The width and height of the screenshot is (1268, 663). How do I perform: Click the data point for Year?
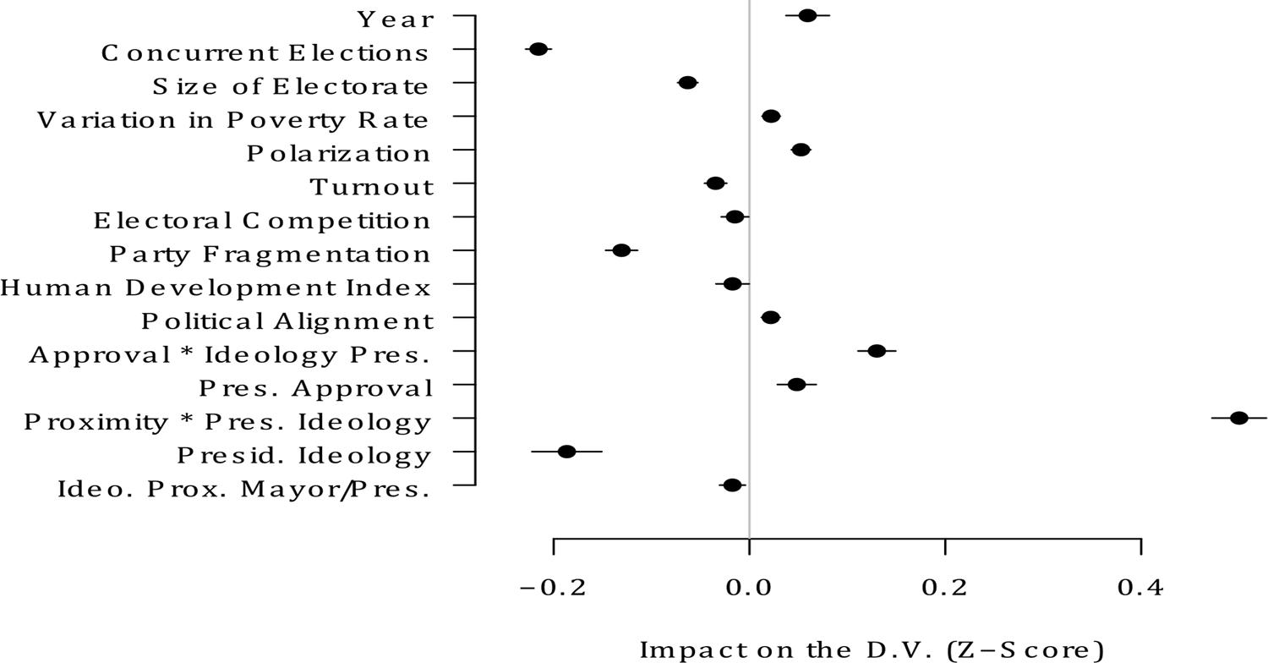[807, 15]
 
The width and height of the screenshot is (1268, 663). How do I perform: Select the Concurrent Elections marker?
[538, 49]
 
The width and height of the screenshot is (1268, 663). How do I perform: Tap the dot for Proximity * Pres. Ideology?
[1238, 418]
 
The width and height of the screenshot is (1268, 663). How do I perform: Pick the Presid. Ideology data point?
[566, 452]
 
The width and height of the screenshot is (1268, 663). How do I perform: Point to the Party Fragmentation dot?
[621, 250]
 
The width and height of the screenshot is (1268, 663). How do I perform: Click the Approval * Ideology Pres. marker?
[877, 351]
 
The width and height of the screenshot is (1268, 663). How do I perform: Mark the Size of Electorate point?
[687, 83]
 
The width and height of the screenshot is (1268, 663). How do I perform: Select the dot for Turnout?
[715, 184]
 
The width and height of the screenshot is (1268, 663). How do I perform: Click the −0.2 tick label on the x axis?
[553, 588]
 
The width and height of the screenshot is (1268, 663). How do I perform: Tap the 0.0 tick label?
[749, 588]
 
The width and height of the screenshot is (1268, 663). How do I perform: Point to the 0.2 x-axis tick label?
[945, 588]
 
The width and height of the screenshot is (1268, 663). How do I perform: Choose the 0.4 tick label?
[1141, 588]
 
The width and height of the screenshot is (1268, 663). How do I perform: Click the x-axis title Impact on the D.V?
[872, 649]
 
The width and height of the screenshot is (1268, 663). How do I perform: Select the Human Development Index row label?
[216, 288]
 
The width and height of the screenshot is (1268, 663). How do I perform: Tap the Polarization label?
[339, 154]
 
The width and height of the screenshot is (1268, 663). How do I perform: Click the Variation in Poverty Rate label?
[233, 120]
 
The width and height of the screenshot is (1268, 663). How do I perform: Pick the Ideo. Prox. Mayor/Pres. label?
[243, 490]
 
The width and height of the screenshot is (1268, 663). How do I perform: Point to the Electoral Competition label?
[262, 221]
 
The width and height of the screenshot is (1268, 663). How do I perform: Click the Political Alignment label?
[287, 321]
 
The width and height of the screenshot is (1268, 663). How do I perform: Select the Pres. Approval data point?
[796, 385]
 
